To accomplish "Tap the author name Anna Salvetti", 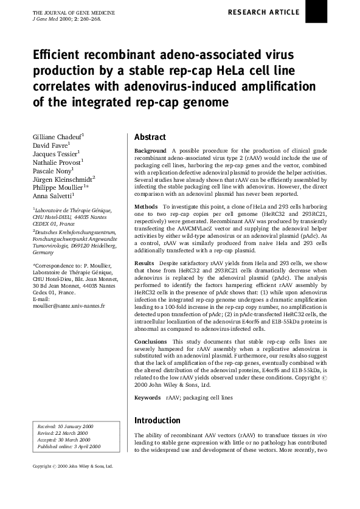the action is [52, 196].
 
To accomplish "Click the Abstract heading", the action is [150, 137].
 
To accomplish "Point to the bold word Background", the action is [150, 150].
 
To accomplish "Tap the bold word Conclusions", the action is [150, 342].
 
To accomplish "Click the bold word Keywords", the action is [148, 398].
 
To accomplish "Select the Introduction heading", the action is [157, 420].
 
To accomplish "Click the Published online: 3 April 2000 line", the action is [69, 446].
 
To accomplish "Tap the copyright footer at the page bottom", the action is [72, 466].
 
